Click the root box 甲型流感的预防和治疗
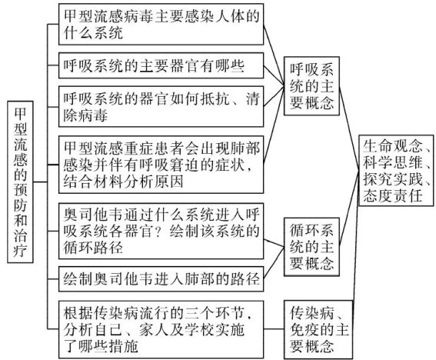tap(20, 182)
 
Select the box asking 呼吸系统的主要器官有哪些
tap(161, 65)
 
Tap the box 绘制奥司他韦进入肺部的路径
tap(161, 279)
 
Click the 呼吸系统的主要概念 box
tap(311, 86)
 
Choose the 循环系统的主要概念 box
tap(311, 247)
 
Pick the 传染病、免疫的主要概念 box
tap(318, 330)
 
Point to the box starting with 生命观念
tap(396, 171)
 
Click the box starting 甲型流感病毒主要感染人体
tap(161, 24)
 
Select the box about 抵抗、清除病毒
tap(161, 107)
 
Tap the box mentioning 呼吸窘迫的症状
tap(161, 165)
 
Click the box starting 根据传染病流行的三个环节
tap(161, 330)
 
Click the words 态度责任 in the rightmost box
tap(393, 195)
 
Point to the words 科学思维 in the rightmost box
tap(393, 162)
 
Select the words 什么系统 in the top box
tap(93, 33)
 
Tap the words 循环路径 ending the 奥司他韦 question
tap(93, 248)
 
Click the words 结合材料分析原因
tap(123, 182)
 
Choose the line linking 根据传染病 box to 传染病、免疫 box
tap(274, 328)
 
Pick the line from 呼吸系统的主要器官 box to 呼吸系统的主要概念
tap(274, 75)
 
